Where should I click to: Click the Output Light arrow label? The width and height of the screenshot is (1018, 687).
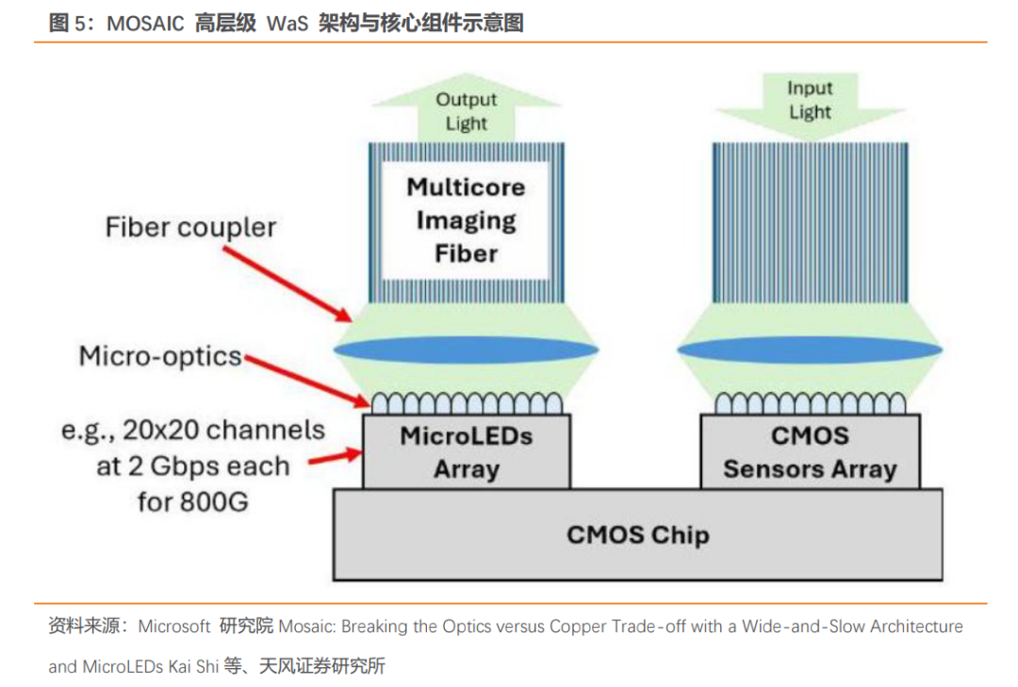coord(467,111)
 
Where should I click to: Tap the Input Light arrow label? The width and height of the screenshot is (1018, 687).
coord(810,100)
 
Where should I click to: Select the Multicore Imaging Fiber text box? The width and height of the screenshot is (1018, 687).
coord(467,221)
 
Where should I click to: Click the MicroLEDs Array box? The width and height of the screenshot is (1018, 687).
coord(467,452)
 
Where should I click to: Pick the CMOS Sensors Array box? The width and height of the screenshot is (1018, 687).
coord(811,452)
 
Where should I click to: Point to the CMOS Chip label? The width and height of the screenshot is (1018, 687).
coord(637,535)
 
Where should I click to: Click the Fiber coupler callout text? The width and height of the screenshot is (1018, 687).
coord(190,228)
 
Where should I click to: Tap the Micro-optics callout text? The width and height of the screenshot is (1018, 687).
coord(160,356)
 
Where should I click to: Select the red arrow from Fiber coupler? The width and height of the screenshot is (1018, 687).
coord(287,285)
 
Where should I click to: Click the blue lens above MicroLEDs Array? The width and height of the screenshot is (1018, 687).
coord(467,350)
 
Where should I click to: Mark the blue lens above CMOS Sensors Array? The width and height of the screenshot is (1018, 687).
coord(810,350)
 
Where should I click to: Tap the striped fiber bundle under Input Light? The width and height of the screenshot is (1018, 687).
coord(810,222)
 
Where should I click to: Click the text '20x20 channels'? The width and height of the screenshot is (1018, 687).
coord(223,430)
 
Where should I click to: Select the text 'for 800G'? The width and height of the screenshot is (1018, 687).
coord(193,502)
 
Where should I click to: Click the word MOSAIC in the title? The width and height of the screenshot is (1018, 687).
coord(145,24)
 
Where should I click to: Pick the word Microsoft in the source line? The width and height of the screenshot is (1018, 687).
coord(174,626)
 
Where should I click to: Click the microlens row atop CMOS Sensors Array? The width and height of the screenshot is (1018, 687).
coord(811,403)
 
